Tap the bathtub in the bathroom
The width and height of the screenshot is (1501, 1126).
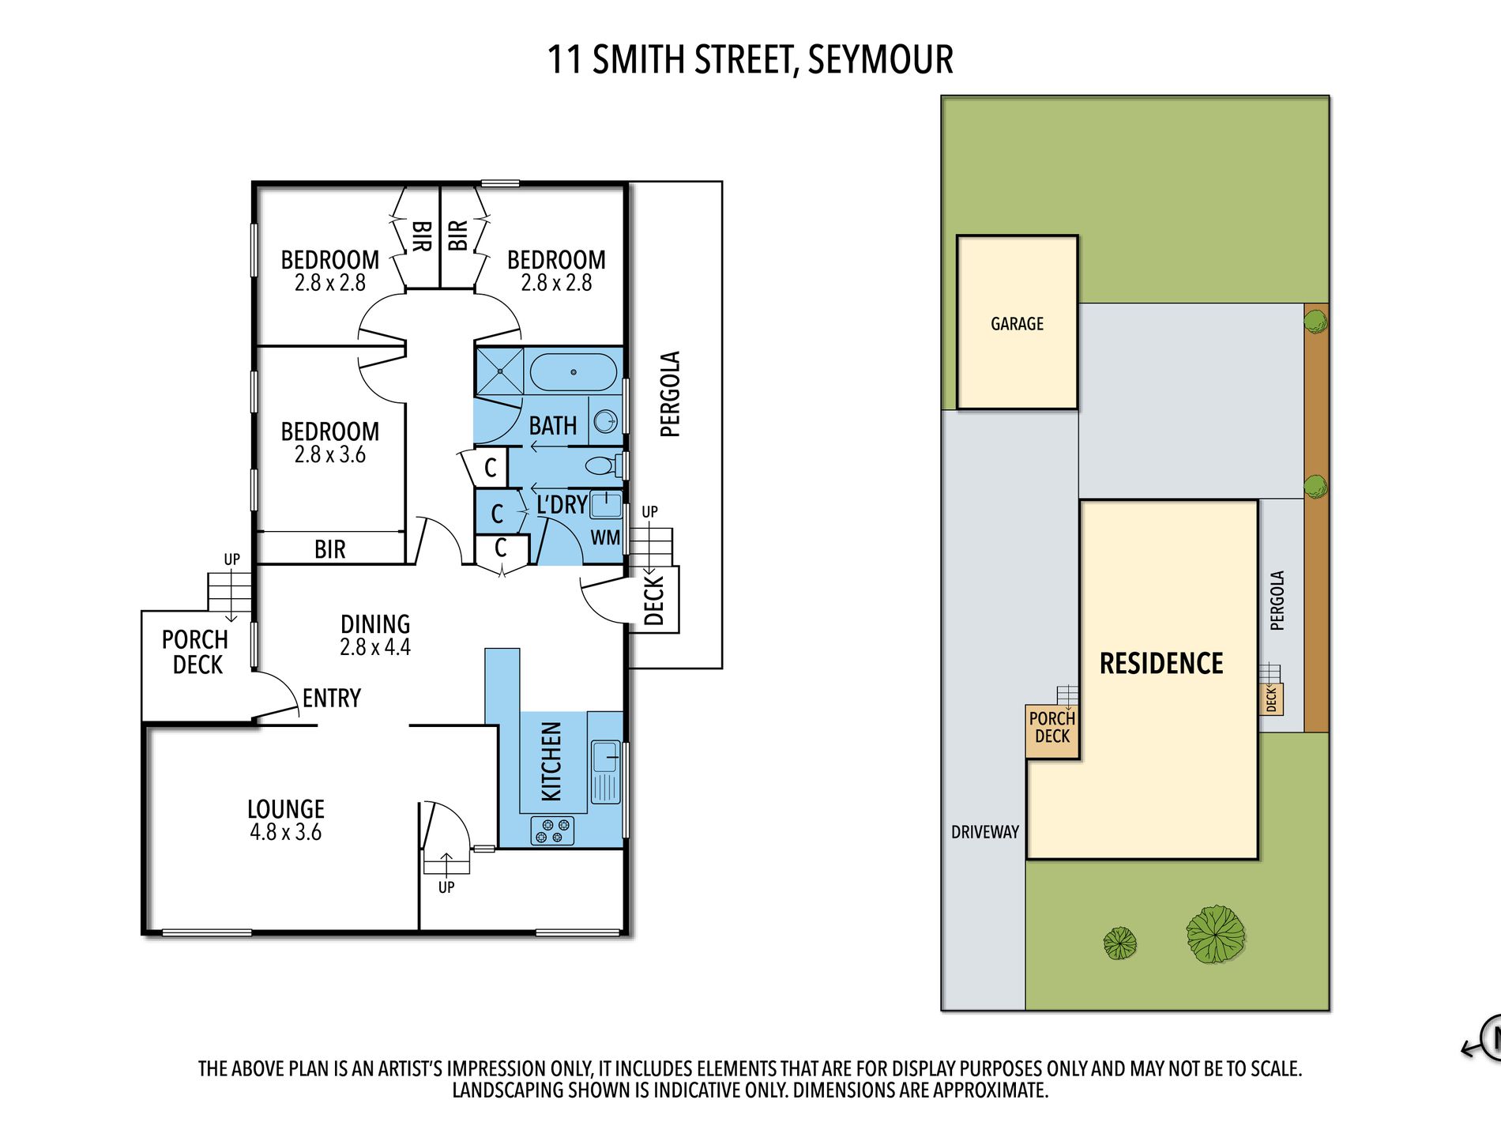click(573, 372)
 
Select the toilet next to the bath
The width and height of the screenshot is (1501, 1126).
click(603, 465)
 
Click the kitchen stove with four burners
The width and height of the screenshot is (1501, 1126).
click(552, 830)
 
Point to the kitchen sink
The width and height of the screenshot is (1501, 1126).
click(606, 756)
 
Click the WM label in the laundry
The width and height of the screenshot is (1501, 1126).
click(605, 538)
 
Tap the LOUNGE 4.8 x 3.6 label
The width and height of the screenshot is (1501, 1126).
click(286, 819)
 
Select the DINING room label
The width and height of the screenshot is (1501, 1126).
click(375, 624)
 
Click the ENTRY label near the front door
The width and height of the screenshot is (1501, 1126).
click(332, 699)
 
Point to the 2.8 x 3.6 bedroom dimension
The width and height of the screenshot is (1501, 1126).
click(330, 455)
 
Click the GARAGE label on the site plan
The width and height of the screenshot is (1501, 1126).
click(1017, 324)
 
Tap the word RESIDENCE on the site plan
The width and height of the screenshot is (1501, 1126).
click(1161, 664)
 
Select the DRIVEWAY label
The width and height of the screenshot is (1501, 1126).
click(984, 832)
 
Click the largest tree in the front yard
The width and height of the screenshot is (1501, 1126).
click(1215, 934)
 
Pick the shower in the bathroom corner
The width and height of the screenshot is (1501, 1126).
click(499, 371)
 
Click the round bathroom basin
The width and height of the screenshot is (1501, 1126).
click(606, 421)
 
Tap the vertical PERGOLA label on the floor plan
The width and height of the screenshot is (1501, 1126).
click(670, 394)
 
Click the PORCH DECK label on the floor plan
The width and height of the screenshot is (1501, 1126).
click(196, 652)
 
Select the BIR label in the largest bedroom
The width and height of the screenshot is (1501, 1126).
click(330, 549)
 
